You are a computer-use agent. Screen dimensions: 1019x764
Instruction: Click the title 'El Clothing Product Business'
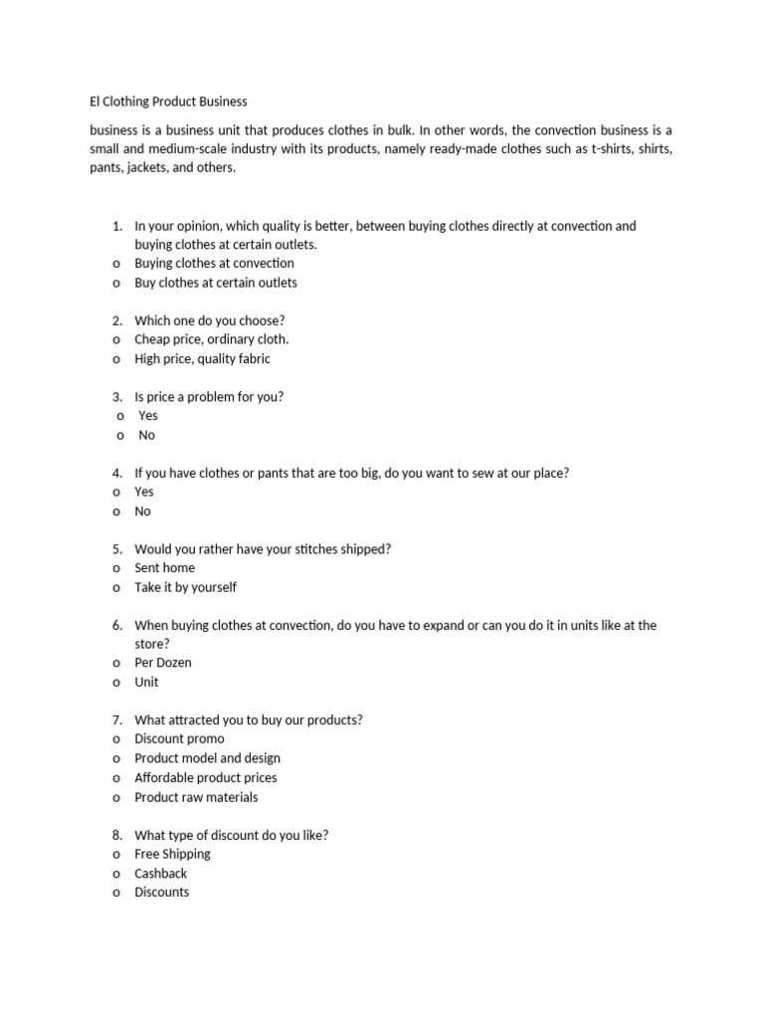tap(168, 102)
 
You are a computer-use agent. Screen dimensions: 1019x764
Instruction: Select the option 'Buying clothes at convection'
tap(214, 264)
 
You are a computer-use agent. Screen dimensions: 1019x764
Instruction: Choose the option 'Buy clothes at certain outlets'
tap(216, 283)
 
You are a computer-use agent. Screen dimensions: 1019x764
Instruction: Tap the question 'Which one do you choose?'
tap(209, 320)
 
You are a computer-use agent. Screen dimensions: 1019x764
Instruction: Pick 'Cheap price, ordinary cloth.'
tap(211, 339)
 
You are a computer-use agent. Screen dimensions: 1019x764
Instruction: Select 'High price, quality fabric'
tap(202, 359)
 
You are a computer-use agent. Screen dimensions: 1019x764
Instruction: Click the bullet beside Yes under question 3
tap(120, 416)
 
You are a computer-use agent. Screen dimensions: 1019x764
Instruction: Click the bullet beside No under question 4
tap(116, 511)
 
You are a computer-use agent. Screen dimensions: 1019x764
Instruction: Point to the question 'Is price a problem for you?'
tap(209, 397)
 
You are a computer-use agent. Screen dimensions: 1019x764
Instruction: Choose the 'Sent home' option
tap(164, 568)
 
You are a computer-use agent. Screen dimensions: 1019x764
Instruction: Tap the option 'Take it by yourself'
tap(185, 587)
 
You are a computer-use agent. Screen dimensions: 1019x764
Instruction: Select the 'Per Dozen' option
tap(163, 663)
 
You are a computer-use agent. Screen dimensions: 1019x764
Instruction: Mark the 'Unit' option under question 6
tap(146, 683)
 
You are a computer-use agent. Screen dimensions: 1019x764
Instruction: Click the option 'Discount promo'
tap(179, 739)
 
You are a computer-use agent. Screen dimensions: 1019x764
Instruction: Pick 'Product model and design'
tap(207, 758)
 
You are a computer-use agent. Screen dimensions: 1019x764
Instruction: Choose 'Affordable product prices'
tap(206, 778)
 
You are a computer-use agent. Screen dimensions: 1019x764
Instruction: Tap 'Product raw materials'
tap(196, 797)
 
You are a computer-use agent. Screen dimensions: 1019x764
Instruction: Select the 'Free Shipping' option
tap(172, 854)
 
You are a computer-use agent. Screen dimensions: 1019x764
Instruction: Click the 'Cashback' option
tap(160, 874)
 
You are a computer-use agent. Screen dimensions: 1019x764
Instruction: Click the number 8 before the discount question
tap(116, 835)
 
